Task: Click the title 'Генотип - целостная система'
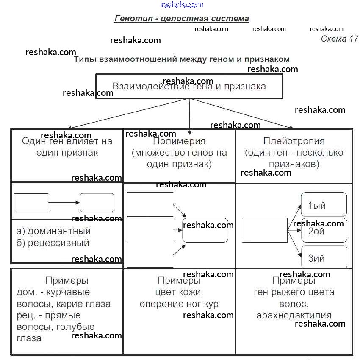pyautogui.click(x=182, y=19)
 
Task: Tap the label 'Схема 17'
pyautogui.click(x=339, y=39)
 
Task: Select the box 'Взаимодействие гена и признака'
pyautogui.click(x=189, y=87)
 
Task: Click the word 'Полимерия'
pyautogui.click(x=179, y=141)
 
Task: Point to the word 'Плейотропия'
pyautogui.click(x=294, y=141)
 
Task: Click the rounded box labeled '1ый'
pyautogui.click(x=324, y=205)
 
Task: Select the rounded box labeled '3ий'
pyautogui.click(x=324, y=257)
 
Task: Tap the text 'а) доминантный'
pyautogui.click(x=53, y=232)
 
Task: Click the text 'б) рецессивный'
pyautogui.click(x=53, y=243)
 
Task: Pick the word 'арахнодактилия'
pyautogui.click(x=294, y=315)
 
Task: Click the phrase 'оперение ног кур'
pyautogui.click(x=179, y=304)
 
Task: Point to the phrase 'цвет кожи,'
pyautogui.click(x=179, y=293)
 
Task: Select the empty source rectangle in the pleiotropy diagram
pyautogui.click(x=264, y=230)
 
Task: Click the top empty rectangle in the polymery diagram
pyautogui.click(x=150, y=204)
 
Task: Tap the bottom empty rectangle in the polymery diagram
pyautogui.click(x=150, y=255)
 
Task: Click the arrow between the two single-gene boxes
pyautogui.click(x=64, y=203)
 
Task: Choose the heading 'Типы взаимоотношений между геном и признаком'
pyautogui.click(x=182, y=59)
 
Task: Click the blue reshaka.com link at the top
pyautogui.click(x=182, y=5)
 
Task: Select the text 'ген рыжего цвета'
pyautogui.click(x=294, y=292)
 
